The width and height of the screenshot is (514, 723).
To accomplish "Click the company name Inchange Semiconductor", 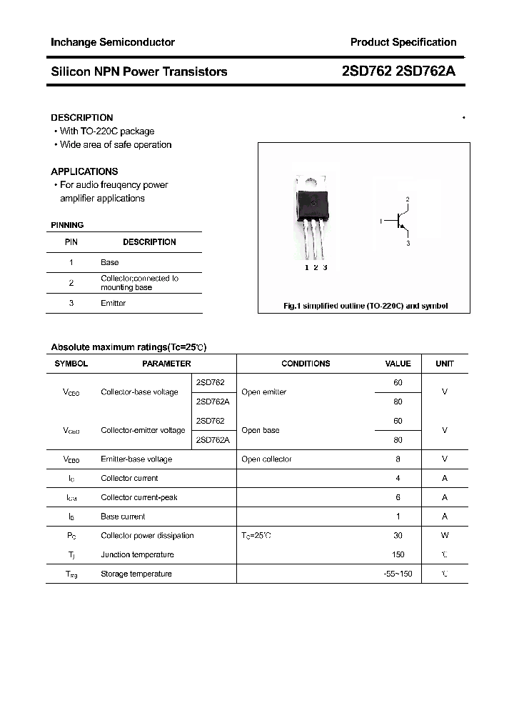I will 113,42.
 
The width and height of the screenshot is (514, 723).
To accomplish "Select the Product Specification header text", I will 403,42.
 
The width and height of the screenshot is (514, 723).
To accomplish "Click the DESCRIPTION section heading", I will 81,117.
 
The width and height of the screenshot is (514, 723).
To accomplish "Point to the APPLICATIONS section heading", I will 84,171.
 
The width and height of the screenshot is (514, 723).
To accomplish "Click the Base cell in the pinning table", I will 110,262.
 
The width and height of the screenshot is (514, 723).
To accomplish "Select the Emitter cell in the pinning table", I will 113,303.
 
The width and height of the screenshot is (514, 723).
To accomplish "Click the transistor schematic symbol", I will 400,222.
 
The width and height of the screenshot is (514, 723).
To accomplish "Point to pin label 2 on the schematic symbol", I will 408,199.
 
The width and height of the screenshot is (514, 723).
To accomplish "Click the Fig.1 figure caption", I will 366,306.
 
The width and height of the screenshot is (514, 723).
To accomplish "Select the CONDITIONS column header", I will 306,364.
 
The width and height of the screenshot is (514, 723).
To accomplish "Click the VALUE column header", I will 398,364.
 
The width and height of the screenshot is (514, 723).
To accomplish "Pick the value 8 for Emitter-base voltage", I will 398,459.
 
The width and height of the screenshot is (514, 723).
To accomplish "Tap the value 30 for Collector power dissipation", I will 398,535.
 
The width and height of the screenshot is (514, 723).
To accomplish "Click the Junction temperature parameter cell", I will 137,554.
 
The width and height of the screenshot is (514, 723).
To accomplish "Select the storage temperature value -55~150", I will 398,574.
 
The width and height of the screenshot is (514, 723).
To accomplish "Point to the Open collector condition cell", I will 266,459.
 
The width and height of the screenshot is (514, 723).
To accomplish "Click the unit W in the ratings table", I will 444,535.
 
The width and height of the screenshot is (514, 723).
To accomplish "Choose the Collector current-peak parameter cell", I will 139,497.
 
